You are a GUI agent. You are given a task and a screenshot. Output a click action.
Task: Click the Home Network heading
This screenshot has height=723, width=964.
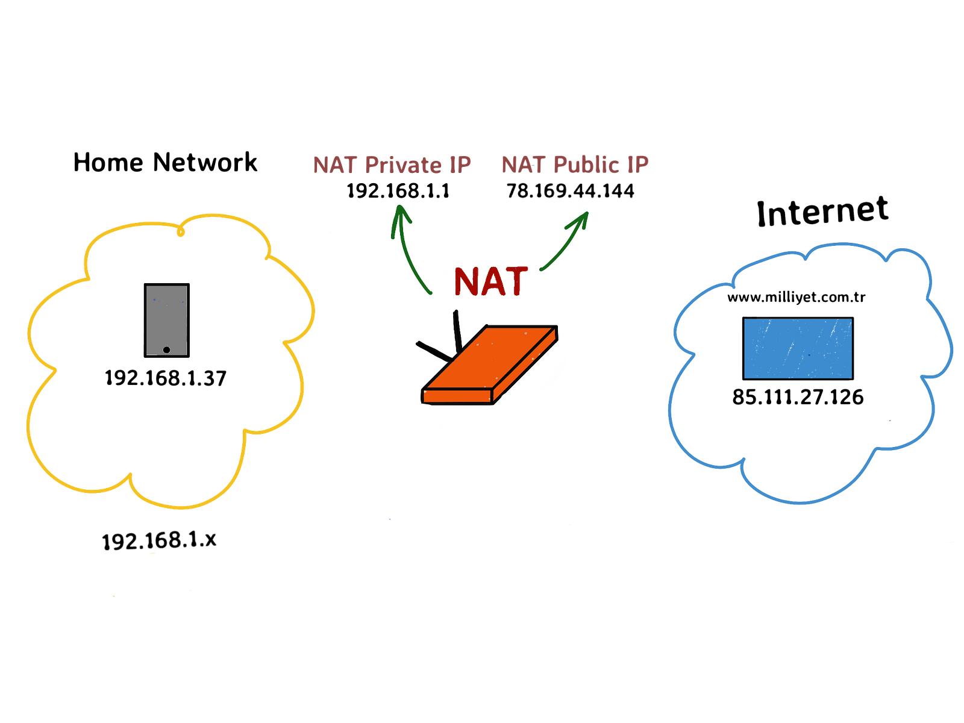coord(164,162)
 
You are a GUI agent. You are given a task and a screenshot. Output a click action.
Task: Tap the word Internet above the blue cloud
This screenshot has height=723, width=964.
coord(822,211)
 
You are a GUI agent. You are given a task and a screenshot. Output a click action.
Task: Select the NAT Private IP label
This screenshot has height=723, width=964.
coord(392,165)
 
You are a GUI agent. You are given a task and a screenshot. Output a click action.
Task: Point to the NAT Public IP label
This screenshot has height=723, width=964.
coord(575,164)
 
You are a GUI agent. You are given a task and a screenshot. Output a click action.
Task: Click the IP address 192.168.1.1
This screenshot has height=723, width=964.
coord(398,190)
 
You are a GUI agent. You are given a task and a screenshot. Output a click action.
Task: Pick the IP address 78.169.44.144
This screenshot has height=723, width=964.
coord(571,190)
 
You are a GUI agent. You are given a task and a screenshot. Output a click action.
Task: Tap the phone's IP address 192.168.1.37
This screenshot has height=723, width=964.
coord(166,378)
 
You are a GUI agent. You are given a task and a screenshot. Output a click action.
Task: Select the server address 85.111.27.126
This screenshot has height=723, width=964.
coord(798,397)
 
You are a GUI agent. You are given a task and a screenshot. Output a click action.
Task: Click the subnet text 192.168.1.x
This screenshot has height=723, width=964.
coord(159,540)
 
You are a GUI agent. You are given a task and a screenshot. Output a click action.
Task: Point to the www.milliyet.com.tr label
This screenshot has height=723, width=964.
coord(797,297)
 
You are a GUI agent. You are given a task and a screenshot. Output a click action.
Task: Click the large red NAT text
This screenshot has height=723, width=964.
coord(491,281)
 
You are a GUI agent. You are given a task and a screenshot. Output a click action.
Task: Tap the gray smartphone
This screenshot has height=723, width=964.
coord(167,321)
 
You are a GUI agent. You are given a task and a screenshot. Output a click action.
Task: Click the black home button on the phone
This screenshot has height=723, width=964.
coord(166,350)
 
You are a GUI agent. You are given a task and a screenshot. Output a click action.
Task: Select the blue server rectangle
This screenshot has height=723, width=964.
coord(798,349)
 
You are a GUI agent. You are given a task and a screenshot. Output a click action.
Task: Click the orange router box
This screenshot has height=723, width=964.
coord(489,365)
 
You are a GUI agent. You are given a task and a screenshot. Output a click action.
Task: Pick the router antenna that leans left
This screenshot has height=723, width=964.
coord(434,352)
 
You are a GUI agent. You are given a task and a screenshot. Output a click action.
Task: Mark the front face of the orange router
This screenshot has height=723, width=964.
coord(457,396)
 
